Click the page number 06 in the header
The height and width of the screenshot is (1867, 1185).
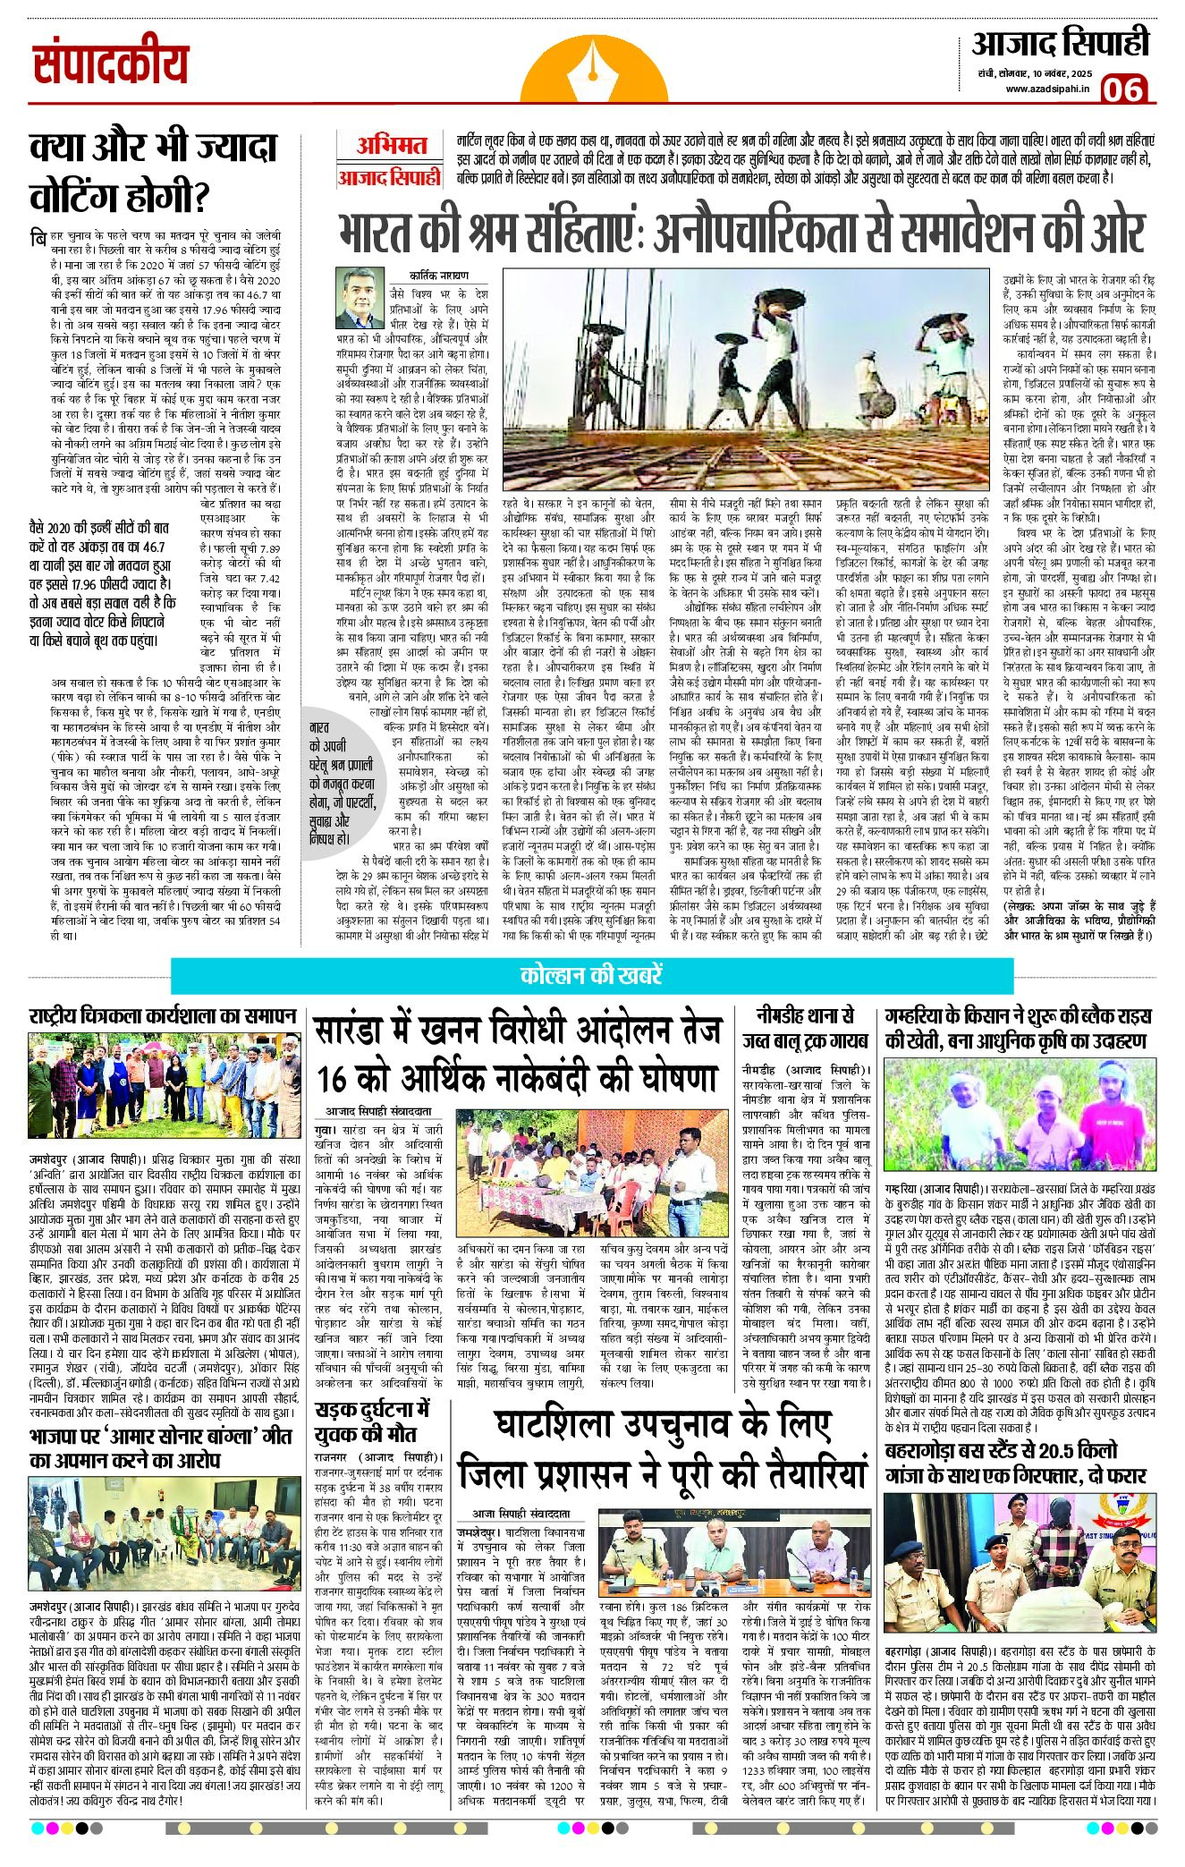point(1124,90)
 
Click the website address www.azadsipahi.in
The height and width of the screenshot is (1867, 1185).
point(1045,88)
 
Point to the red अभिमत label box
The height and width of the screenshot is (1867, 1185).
point(391,145)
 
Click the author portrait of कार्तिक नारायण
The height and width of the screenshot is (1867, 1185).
point(359,298)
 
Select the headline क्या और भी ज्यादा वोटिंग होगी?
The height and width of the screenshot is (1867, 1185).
point(153,170)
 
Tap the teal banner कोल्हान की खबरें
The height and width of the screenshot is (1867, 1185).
point(591,974)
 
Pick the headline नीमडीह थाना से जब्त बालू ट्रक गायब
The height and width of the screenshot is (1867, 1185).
point(805,1029)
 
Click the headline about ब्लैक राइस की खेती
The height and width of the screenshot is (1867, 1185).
point(1018,1029)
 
